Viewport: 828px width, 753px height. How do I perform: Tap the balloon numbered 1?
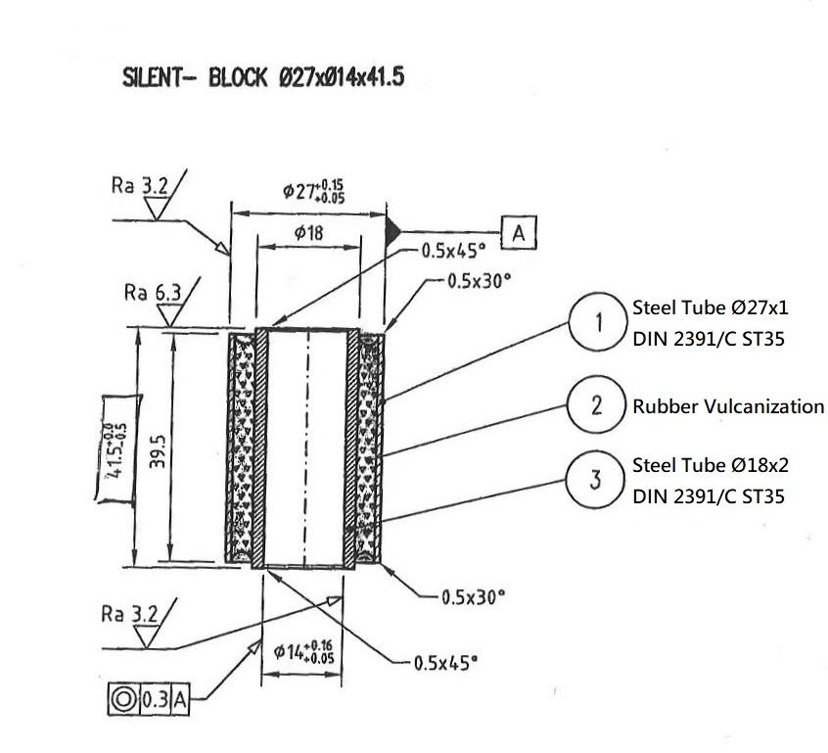(598, 322)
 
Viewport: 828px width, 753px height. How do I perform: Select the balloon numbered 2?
(598, 404)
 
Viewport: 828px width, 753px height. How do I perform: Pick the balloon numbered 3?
(598, 481)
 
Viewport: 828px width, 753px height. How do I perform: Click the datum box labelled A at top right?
(519, 232)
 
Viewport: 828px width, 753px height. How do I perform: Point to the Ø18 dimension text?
(308, 233)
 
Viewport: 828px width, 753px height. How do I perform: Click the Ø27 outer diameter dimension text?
(313, 190)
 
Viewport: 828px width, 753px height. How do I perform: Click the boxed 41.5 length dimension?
(116, 447)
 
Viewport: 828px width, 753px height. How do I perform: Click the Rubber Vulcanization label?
(728, 406)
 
